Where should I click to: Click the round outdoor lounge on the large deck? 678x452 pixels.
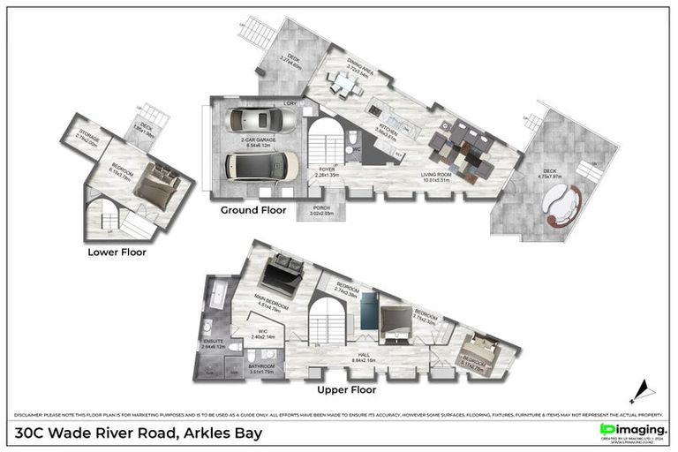pos(562,203)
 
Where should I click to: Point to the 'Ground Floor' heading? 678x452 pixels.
pos(252,212)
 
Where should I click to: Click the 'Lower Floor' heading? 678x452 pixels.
pos(117,252)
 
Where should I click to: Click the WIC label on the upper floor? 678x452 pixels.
pos(263,333)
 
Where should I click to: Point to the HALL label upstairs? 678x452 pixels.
pos(363,357)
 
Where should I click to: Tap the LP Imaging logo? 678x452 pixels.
pos(632,430)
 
